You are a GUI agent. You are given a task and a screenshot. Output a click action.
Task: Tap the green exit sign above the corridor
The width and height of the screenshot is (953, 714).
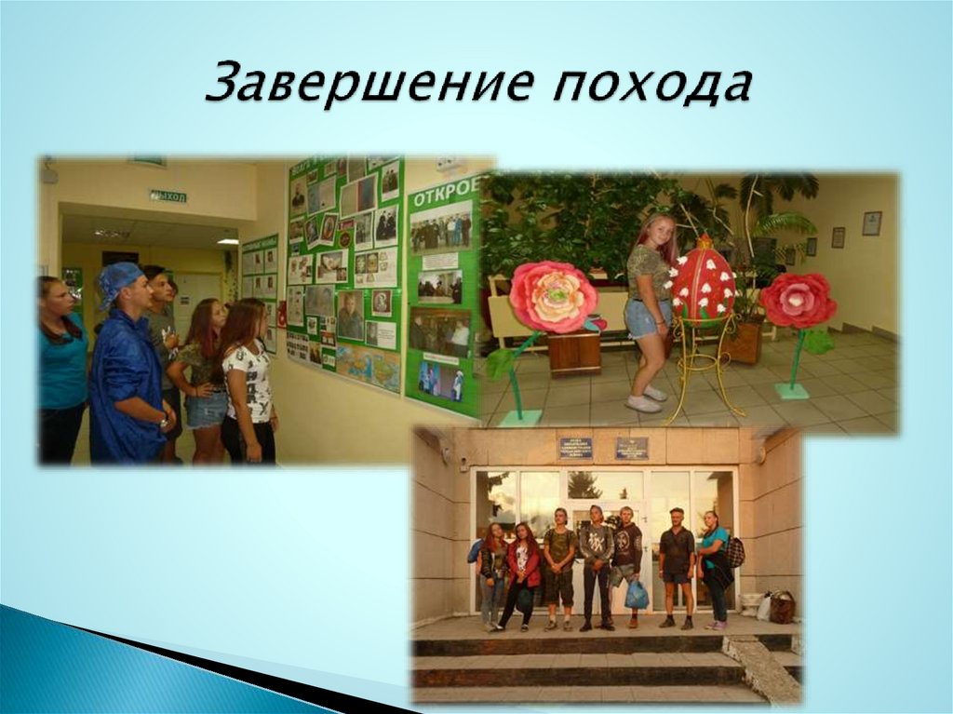[168, 195]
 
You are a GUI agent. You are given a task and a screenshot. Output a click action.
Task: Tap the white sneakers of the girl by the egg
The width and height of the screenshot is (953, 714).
[644, 400]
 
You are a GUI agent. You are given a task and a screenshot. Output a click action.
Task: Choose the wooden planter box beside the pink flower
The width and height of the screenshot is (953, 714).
[573, 353]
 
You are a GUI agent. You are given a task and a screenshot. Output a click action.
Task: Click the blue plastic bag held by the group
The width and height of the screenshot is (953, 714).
[637, 594]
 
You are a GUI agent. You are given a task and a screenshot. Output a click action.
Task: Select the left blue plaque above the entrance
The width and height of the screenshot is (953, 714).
[575, 449]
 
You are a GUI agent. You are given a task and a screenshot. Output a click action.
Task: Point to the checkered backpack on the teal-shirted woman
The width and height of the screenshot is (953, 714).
[735, 552]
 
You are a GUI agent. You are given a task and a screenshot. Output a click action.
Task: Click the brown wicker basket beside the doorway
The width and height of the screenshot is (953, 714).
[782, 607]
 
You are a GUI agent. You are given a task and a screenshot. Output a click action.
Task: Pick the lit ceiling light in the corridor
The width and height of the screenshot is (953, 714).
[227, 241]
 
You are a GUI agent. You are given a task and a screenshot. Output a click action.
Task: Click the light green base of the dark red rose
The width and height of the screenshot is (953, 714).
[792, 391]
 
